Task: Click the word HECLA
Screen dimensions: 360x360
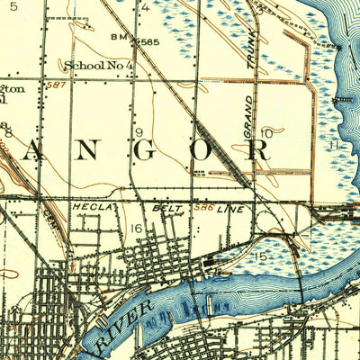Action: pos(94,207)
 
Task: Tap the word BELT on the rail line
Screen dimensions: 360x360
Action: pos(168,207)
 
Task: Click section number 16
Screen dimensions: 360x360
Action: pos(137,229)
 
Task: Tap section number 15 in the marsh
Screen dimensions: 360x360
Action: pos(260,257)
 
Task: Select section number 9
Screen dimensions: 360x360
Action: pos(139,133)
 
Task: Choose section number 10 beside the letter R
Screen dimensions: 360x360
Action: pos(266,133)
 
